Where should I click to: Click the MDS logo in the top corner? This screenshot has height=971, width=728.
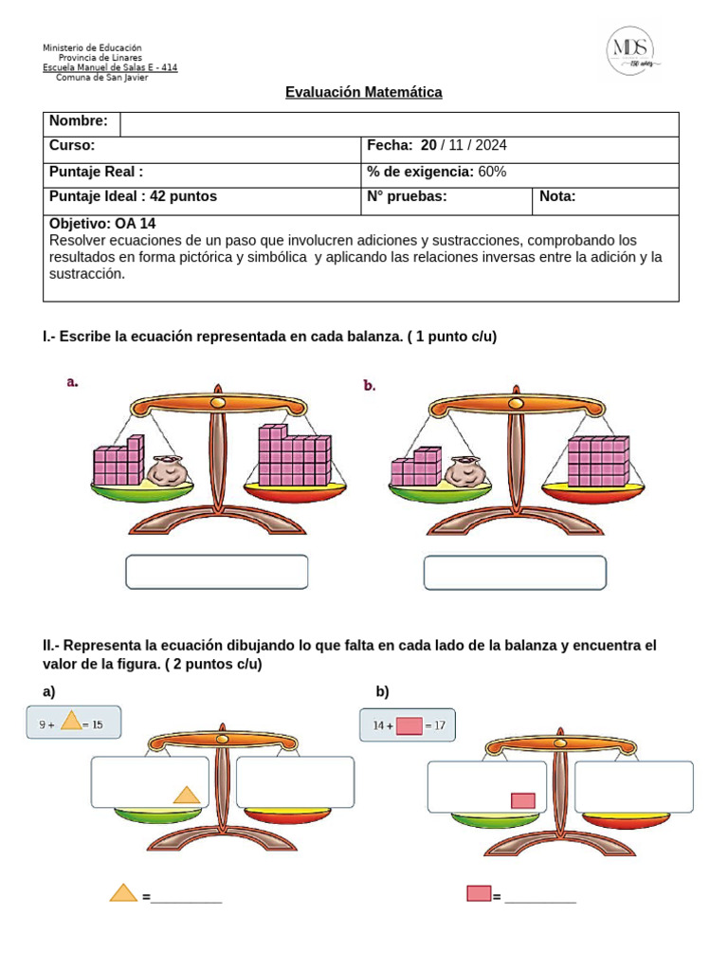[633, 51]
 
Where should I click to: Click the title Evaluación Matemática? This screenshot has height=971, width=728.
[364, 92]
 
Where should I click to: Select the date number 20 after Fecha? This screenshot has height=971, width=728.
[428, 145]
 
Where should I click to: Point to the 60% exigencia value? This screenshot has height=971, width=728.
[492, 172]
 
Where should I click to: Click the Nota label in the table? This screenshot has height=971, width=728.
[557, 196]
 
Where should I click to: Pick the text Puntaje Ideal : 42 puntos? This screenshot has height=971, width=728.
[133, 196]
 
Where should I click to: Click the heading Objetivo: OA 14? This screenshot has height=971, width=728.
[101, 224]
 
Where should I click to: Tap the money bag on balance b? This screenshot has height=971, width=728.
[465, 473]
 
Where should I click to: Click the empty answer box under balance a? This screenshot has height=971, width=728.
[217, 572]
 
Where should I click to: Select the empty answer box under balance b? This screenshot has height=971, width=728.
[515, 572]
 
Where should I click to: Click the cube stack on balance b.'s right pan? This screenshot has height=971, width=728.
[597, 462]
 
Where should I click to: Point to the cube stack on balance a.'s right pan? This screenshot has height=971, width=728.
[294, 456]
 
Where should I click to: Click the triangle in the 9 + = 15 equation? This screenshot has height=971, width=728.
[71, 723]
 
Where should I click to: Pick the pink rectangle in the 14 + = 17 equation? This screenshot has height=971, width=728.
[409, 726]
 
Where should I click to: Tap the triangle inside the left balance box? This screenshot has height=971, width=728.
[187, 795]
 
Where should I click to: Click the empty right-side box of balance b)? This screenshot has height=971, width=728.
[633, 786]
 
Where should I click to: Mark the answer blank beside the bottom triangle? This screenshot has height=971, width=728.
[186, 897]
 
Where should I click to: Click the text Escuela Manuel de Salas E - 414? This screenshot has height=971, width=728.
[110, 67]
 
